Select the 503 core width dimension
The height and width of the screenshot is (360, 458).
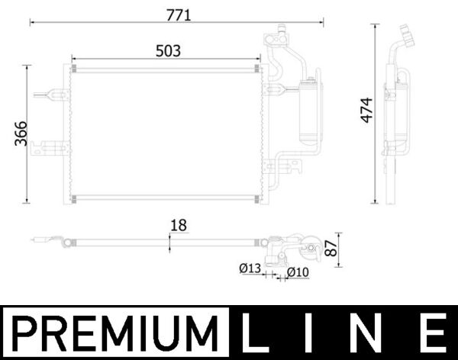[x=168, y=50]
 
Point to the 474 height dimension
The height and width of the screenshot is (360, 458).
[x=366, y=112]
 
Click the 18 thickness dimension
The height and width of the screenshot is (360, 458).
[x=179, y=226]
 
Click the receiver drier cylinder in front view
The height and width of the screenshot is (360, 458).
[x=311, y=111]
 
